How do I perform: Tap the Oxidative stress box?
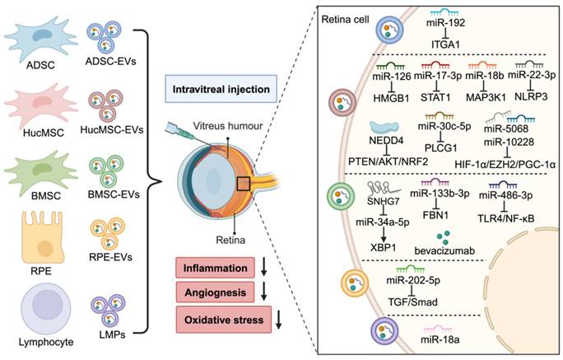coord(218,317)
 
